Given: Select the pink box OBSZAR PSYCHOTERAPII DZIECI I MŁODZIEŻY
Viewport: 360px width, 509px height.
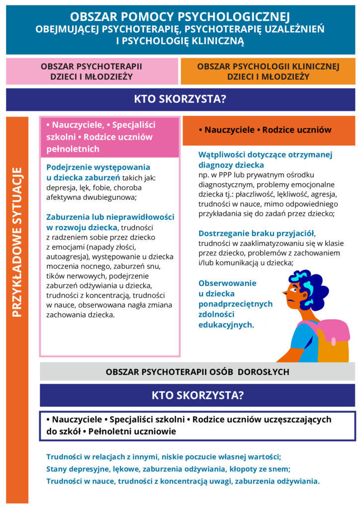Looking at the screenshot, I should [x=91, y=71].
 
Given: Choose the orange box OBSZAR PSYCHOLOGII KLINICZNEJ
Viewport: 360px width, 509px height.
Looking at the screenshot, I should [x=268, y=71].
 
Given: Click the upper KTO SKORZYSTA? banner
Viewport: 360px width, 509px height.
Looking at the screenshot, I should [x=180, y=99].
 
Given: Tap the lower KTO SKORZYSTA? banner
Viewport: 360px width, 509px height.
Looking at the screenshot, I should [x=197, y=395].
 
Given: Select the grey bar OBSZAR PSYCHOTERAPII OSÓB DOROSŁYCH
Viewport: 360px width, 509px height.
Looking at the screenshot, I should [x=197, y=371].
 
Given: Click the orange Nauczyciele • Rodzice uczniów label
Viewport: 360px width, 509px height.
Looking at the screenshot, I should [x=265, y=130].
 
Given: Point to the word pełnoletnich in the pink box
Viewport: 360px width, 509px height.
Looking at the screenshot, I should [x=73, y=149].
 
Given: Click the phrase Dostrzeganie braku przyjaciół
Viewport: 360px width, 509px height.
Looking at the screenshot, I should [x=257, y=233].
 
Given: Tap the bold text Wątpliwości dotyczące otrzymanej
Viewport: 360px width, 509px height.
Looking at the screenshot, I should [x=259, y=155].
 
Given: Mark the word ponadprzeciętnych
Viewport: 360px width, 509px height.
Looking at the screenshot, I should [x=235, y=304].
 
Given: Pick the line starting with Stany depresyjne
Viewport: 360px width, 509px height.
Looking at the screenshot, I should [x=168, y=468].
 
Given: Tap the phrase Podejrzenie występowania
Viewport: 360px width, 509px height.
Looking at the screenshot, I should [x=98, y=167].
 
